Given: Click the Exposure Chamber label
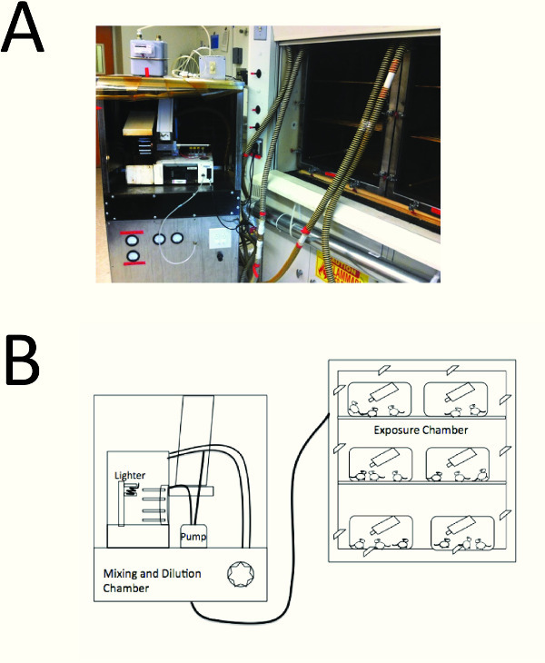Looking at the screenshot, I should point(420,430).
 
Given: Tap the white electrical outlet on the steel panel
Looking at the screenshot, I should point(221,239).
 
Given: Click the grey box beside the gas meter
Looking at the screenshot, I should point(212,67).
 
